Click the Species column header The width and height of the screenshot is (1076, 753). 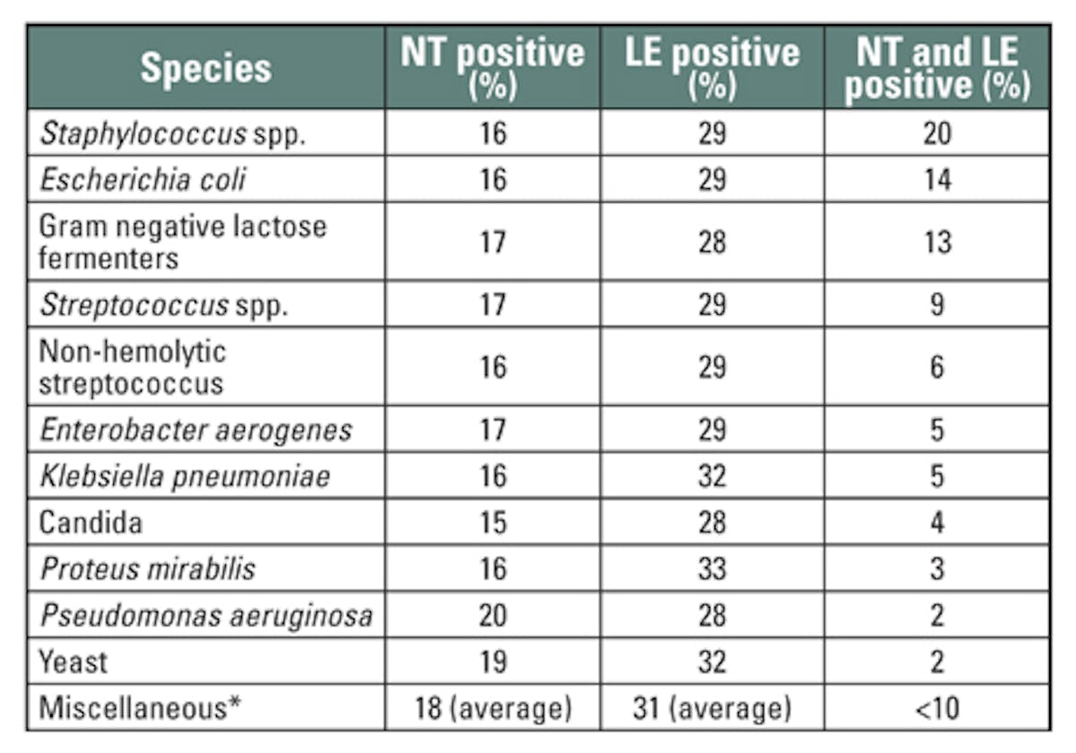pos(205,69)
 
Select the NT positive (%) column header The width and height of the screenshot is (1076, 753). pos(492,67)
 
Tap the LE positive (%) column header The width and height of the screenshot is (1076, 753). pos(712,67)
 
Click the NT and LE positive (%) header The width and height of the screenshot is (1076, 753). pos(937,67)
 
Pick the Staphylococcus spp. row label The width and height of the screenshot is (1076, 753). pos(164,134)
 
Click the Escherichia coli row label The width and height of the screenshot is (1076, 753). pos(143,179)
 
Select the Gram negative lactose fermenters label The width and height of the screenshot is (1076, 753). pos(182,241)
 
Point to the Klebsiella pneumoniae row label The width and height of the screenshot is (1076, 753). pos(186,476)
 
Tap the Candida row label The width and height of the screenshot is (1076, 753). pos(91,522)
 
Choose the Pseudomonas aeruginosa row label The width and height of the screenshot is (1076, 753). pos(205,615)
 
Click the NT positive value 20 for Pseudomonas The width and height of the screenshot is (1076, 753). pos(492,615)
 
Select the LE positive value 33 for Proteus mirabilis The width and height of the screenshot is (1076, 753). pos(712,568)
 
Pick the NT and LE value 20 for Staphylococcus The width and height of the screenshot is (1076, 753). pos(937,134)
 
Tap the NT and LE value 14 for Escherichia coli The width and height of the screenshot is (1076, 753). pos(937,179)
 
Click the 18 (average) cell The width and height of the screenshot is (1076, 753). pos(492,708)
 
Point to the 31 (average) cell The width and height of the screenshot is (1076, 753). pos(712,708)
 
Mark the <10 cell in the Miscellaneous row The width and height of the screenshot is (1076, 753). pos(937,708)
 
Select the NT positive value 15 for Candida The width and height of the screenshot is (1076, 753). pos(492,522)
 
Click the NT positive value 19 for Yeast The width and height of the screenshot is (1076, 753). pos(492,662)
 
